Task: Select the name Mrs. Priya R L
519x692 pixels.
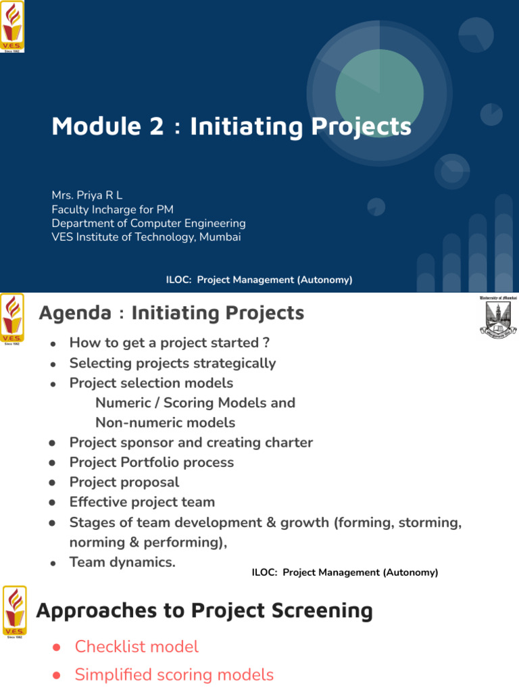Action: tap(87, 195)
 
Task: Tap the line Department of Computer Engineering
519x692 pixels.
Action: tap(149, 223)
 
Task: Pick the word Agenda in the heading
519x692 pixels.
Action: tap(75, 314)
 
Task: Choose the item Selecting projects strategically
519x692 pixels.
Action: tap(172, 364)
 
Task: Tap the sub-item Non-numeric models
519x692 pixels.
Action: tap(166, 423)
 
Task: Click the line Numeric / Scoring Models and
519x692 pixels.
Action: tap(195, 403)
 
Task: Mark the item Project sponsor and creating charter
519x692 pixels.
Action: tap(191, 443)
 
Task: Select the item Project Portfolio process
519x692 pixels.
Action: tap(151, 463)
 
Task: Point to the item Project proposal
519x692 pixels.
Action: tap(124, 483)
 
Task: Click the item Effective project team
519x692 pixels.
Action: tap(142, 502)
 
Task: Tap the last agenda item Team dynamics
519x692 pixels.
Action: tap(122, 562)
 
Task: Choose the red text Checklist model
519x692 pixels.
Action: tap(137, 647)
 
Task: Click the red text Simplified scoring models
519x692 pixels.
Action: tap(174, 674)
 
